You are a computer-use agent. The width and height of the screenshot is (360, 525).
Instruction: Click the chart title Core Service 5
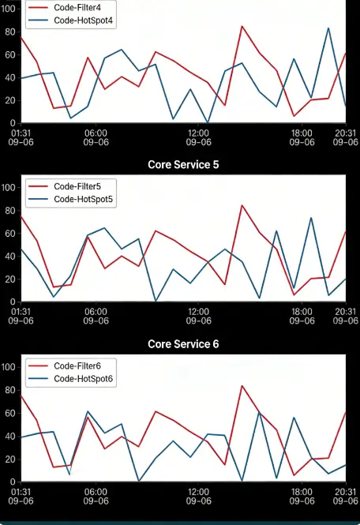click(x=183, y=164)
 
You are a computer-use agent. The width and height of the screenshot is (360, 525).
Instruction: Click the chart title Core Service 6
click(x=183, y=344)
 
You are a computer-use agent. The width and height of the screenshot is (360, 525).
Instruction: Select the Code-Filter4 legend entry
click(x=77, y=7)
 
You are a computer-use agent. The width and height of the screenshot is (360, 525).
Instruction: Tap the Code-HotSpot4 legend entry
click(x=84, y=21)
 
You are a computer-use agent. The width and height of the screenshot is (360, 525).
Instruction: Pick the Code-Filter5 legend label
click(x=77, y=186)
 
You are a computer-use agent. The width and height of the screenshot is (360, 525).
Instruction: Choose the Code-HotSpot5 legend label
click(x=84, y=200)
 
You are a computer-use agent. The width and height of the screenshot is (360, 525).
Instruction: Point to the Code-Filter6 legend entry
click(x=77, y=366)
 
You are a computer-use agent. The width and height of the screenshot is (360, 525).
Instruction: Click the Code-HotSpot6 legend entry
click(x=84, y=380)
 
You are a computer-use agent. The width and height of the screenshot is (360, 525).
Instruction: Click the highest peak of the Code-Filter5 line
click(x=242, y=205)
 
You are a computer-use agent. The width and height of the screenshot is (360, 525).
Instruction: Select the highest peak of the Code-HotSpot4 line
click(x=328, y=28)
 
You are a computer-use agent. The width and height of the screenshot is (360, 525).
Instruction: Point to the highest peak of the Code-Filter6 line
click(x=242, y=386)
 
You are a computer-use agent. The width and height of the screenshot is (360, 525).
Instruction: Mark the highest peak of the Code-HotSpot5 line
click(x=311, y=217)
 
